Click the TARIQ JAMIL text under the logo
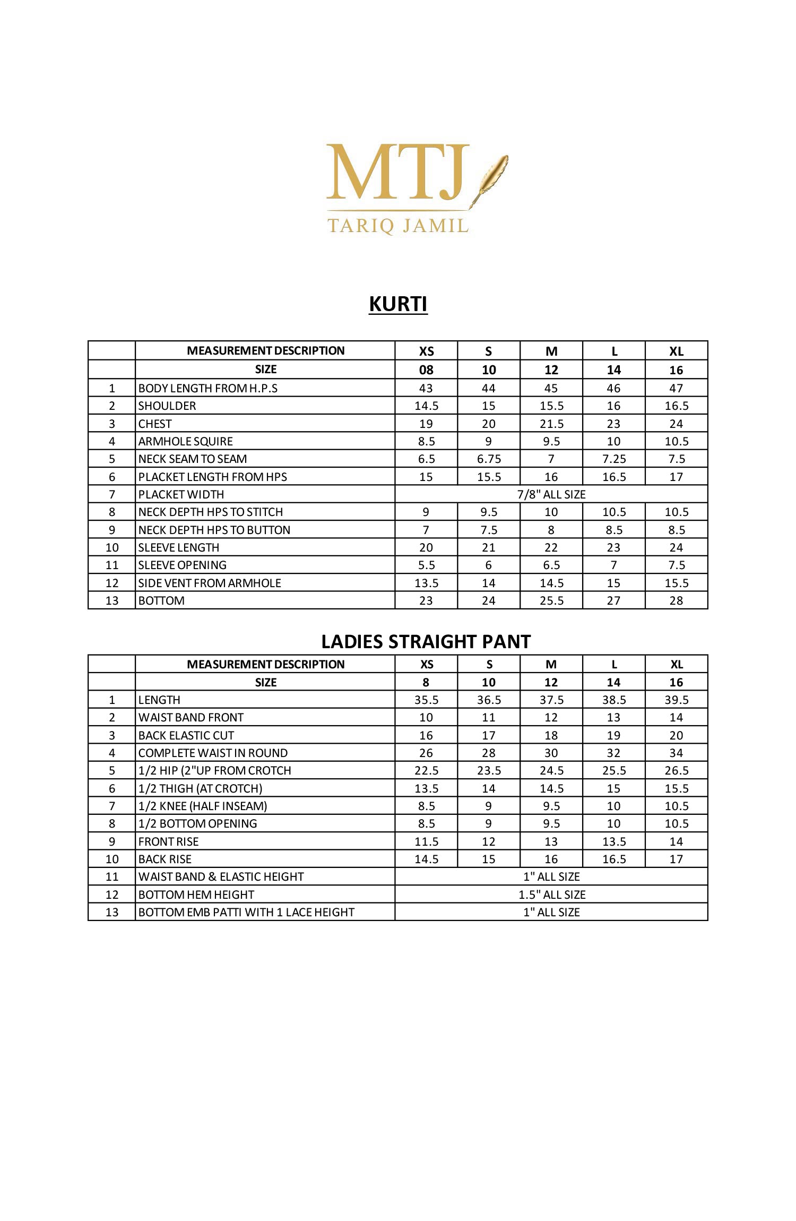click(x=397, y=225)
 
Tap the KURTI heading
click(x=398, y=304)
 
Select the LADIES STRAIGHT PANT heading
click(x=426, y=642)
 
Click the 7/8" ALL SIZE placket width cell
click(x=551, y=494)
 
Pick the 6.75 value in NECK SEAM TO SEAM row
click(x=489, y=459)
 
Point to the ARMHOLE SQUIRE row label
click(x=185, y=441)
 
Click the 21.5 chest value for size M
click(x=551, y=424)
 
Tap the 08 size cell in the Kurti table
click(x=426, y=370)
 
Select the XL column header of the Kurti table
click(x=676, y=351)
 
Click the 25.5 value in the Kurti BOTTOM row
click(x=551, y=600)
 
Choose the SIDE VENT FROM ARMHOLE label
click(x=210, y=583)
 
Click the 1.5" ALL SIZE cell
click(x=551, y=895)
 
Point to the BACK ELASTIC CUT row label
click(x=186, y=735)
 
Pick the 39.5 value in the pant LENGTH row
click(x=676, y=700)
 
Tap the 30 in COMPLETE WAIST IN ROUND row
click(x=551, y=753)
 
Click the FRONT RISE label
click(x=168, y=841)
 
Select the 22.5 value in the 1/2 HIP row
click(x=426, y=770)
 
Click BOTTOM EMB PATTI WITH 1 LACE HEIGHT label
click(x=246, y=912)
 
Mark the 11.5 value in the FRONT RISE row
click(x=426, y=841)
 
